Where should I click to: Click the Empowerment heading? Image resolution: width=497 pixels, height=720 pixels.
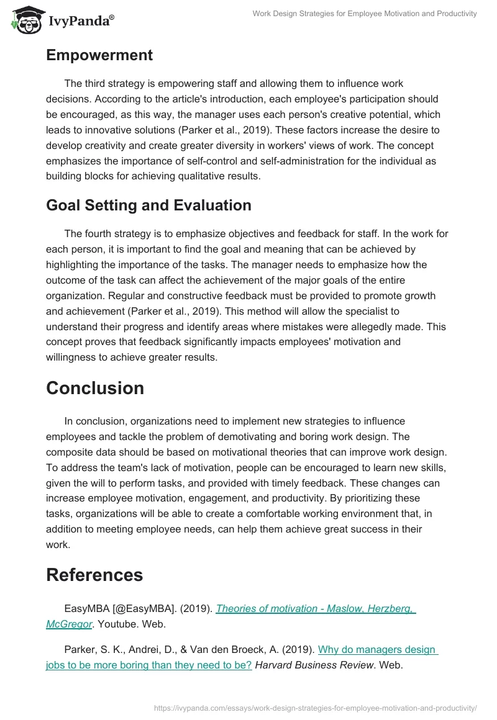pos(99,55)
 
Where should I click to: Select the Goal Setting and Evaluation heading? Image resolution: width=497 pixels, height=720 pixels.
pos(148,205)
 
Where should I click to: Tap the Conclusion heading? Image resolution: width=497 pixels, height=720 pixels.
pos(95,388)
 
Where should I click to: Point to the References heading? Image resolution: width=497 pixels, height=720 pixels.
pos(94,574)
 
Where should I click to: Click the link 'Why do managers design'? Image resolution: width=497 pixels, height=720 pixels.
pos(377,649)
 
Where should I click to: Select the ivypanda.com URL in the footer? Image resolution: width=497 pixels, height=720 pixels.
pos(315,708)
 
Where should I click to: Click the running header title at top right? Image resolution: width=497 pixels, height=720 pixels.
pos(365,14)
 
